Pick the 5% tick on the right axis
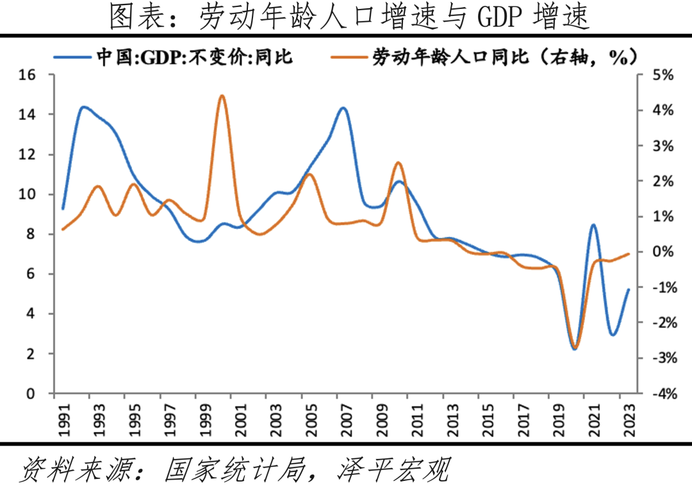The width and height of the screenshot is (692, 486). pos(663,75)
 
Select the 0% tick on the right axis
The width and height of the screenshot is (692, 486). pos(663,252)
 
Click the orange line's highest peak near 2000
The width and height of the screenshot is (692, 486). pos(222,96)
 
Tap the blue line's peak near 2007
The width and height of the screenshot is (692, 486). pos(343,108)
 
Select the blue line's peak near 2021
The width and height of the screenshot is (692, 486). pos(593,225)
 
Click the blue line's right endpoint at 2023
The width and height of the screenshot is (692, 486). pos(629,289)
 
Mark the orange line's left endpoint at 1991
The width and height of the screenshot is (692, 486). pos(63,229)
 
